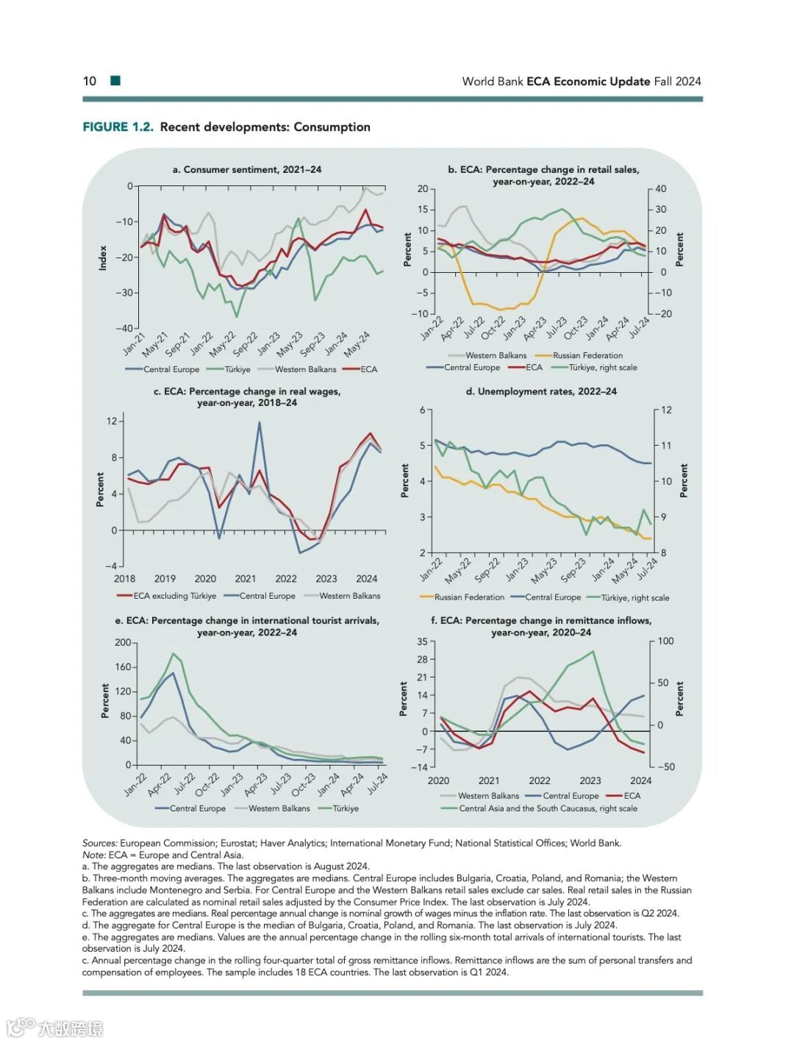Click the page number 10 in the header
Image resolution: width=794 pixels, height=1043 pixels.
pos(89,81)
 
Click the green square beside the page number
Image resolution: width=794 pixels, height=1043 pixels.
pos(115,80)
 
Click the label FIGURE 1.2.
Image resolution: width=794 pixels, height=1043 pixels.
pos(118,127)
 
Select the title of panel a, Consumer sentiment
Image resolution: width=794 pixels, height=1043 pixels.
pos(247,169)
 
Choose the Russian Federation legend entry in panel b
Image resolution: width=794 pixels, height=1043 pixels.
pos(587,355)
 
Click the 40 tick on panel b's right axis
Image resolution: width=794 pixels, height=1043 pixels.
pos(660,189)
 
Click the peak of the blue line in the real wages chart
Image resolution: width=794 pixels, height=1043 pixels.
pos(259,422)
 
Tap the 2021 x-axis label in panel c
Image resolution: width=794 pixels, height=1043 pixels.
pos(246,579)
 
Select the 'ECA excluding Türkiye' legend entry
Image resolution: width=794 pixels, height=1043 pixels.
pos(174,596)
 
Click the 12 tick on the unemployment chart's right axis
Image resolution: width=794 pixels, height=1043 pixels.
pos(666,410)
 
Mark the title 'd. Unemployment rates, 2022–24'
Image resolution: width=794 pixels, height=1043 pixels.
pos(541,391)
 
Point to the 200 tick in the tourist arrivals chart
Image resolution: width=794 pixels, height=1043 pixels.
pos(123,642)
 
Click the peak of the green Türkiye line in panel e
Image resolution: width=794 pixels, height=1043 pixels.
pos(174,653)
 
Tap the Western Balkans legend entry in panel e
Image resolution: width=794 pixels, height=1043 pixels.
pos(279,808)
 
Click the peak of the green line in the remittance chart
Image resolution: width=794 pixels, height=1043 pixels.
pos(593,651)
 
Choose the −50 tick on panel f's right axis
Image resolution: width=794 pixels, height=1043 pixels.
pos(665,766)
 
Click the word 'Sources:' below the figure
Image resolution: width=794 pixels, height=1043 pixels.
pos(100,843)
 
